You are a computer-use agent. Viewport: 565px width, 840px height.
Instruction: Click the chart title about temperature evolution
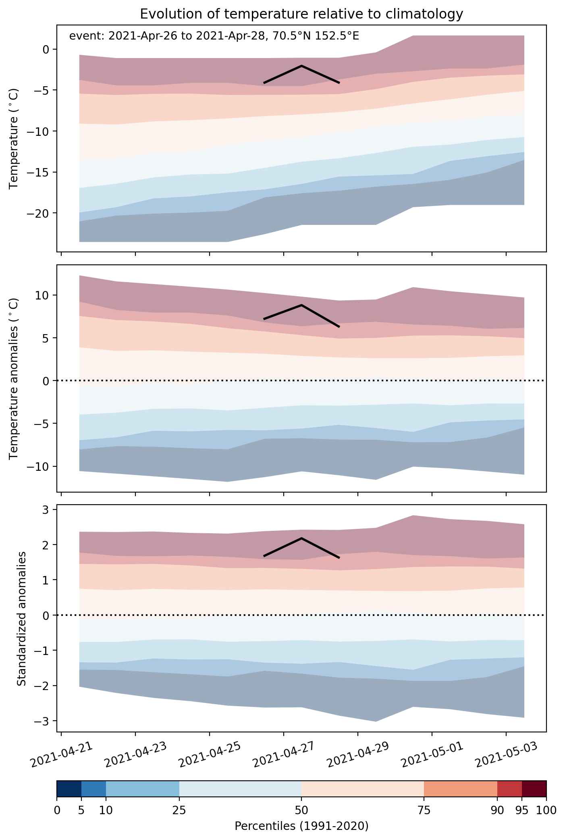pos(301,14)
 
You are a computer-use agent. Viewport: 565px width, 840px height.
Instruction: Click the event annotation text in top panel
pos(214,36)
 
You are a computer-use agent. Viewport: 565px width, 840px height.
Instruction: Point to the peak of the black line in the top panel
pos(301,65)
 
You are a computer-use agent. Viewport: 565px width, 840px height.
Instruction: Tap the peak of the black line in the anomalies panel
pos(301,305)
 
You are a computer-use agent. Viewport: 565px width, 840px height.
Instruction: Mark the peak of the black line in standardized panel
pos(301,538)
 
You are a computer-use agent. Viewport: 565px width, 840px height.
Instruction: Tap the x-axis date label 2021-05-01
pos(429,755)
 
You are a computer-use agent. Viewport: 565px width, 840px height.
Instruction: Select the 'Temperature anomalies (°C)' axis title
pos(14,378)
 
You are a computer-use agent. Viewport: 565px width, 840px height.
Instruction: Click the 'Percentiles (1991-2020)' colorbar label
pos(301,826)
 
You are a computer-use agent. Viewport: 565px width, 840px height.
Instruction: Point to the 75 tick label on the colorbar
pos(424,811)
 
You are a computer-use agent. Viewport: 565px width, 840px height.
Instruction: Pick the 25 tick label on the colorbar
pos(179,811)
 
